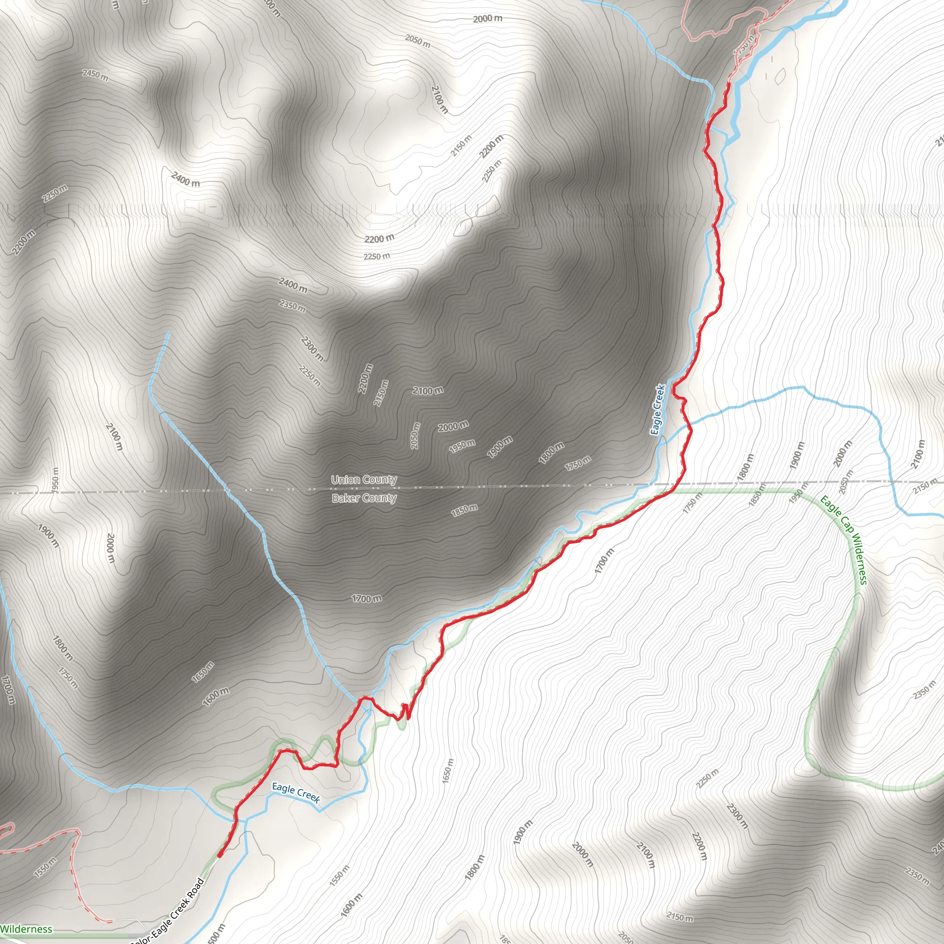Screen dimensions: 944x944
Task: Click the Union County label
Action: pos(364,479)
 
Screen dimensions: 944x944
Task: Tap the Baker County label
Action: pos(364,498)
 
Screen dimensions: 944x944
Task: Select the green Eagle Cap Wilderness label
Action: pos(844,540)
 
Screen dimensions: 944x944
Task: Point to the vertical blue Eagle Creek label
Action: pos(658,410)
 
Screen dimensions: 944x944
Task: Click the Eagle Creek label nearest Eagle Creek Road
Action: pos(295,792)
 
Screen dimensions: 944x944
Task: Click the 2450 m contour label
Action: pos(95,75)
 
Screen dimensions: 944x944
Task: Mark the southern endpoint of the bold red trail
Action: pos(219,855)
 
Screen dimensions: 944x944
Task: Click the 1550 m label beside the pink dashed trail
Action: pos(46,867)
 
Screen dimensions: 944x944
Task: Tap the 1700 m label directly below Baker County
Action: pos(366,599)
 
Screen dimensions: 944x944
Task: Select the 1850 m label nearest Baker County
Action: pos(464,510)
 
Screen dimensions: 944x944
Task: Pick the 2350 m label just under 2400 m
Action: pos(292,306)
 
